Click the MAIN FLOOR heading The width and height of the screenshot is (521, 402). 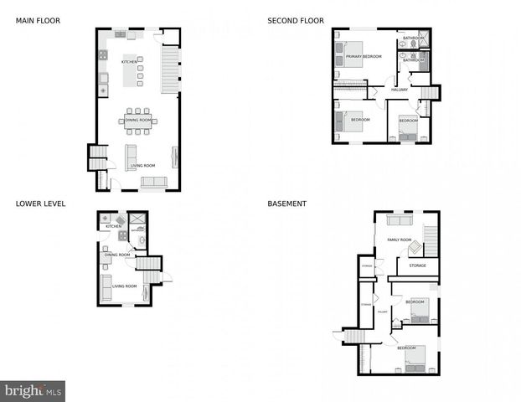37,20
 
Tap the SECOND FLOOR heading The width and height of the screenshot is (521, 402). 296,20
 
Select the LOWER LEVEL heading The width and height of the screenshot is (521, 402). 40,203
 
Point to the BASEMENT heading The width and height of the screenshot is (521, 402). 286,203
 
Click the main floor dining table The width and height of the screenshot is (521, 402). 138,121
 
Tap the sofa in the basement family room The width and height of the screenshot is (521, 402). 400,220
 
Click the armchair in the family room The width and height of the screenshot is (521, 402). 415,247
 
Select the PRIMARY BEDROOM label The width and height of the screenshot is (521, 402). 364,56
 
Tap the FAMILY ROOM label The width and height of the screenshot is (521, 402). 399,240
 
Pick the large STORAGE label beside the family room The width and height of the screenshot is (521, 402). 417,265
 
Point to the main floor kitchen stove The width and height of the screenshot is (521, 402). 103,55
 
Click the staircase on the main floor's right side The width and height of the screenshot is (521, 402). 170,69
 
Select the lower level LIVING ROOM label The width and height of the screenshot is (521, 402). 124,286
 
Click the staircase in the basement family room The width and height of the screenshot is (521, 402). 431,240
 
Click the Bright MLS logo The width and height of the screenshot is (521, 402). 33,390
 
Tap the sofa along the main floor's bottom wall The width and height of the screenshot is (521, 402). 153,182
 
